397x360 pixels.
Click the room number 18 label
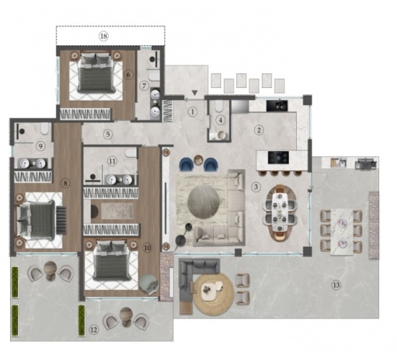(103, 36)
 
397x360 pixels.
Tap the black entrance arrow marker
(195, 93)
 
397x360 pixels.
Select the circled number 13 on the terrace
(336, 285)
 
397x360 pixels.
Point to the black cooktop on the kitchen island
(278, 158)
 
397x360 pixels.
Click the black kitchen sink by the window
(277, 105)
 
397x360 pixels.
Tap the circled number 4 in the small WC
(221, 120)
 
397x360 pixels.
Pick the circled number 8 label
(66, 183)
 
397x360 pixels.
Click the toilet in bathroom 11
(130, 153)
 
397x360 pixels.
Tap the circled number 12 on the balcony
(94, 330)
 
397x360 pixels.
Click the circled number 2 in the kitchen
(259, 130)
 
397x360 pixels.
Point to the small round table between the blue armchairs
(199, 160)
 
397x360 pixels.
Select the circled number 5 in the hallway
(108, 134)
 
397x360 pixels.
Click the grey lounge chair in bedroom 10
(149, 284)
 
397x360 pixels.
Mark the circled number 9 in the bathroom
(40, 146)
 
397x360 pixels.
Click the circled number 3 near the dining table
(256, 187)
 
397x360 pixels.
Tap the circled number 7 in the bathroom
(144, 86)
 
